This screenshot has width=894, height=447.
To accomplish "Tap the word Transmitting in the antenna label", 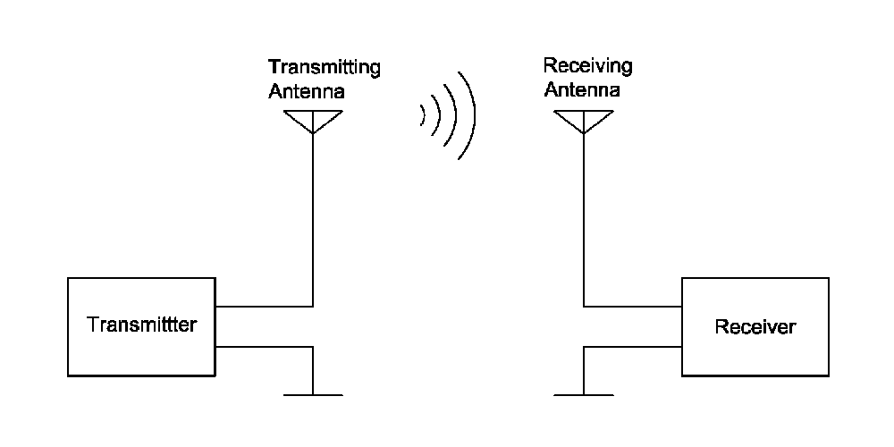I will coord(325,68).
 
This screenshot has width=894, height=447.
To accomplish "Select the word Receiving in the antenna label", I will coord(587,67).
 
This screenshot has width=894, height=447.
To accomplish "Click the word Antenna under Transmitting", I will coord(307,90).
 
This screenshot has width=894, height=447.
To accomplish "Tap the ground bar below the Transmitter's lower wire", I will coord(313,394).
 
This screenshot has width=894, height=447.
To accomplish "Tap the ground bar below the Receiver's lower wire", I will coord(583,394).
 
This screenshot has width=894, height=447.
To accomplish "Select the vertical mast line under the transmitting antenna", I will coord(313,215).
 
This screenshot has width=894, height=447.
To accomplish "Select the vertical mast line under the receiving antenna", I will coord(583,215).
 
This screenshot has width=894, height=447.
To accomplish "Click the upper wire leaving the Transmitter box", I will coord(264,306).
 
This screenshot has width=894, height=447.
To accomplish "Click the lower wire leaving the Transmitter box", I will coord(264,346).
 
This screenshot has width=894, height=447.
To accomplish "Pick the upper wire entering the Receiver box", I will coord(632,306).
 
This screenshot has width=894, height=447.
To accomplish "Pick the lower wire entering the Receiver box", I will coord(632,346).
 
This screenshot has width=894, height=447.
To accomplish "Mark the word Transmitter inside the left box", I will coord(141,325).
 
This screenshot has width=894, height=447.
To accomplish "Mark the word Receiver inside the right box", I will coord(755,327).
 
